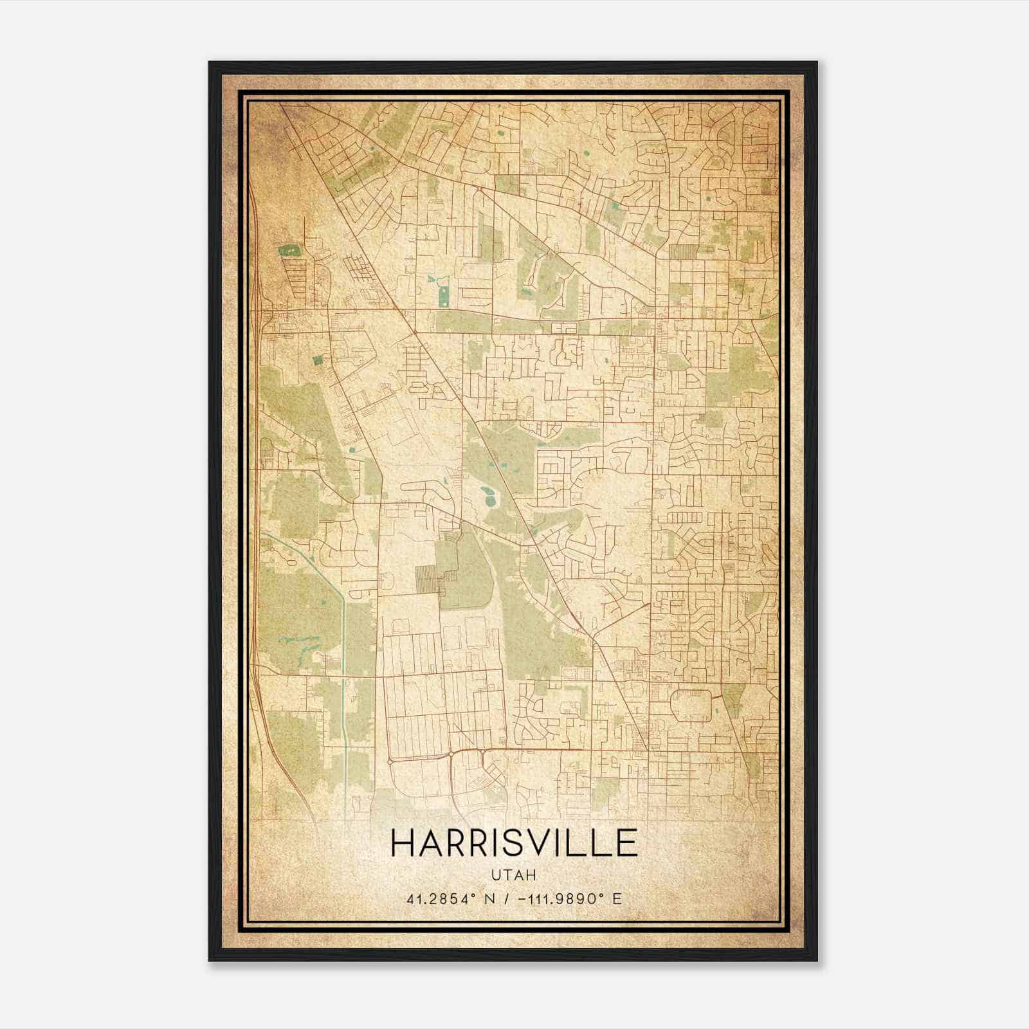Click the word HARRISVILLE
pos(514,843)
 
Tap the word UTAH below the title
pos(514,875)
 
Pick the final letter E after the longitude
pos(617,898)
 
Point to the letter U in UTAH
pos(496,875)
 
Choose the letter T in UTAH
pos(507,875)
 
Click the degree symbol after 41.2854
pos(478,895)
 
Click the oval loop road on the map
pos(691,704)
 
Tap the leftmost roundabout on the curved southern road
pos(390,761)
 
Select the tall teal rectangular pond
pos(443,296)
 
